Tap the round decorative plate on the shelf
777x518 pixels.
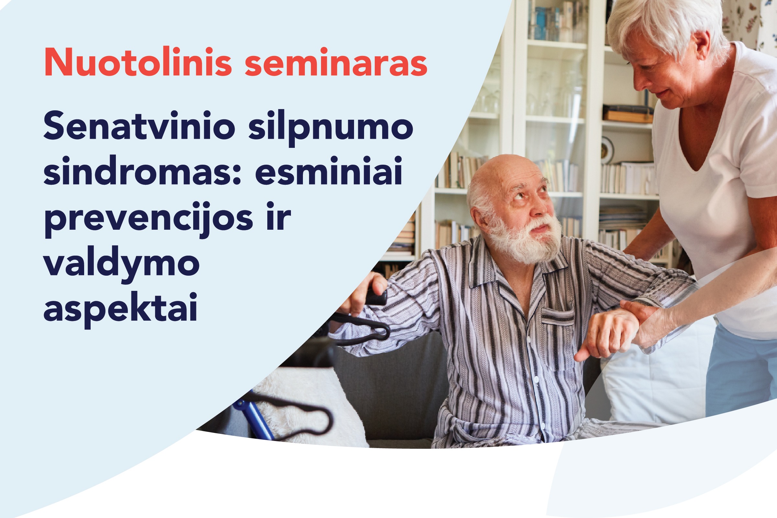(607, 150)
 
